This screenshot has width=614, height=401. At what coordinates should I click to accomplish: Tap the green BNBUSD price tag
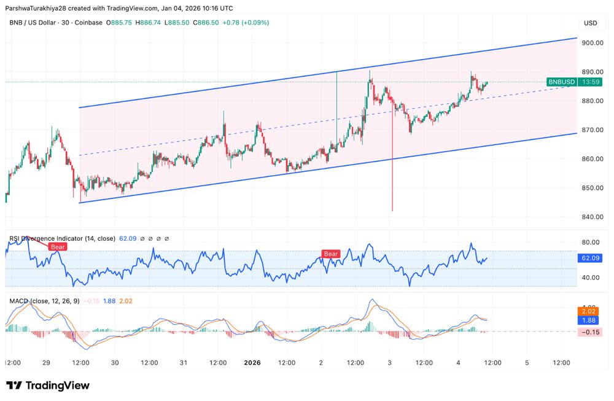coord(561,82)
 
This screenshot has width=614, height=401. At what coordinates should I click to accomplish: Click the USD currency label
coord(590,23)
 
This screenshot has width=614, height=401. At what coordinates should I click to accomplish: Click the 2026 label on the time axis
coord(252,363)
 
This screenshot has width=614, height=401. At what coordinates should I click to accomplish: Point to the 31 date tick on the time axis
coord(183,363)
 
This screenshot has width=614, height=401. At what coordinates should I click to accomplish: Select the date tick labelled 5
coord(527,363)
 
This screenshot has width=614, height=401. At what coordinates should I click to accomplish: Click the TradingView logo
coord(48,386)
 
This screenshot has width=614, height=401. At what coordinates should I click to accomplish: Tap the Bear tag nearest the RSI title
coord(58,246)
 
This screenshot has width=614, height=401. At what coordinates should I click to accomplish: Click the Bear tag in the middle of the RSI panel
coord(331,254)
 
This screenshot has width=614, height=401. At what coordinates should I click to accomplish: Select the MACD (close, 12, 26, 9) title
coord(43,301)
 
